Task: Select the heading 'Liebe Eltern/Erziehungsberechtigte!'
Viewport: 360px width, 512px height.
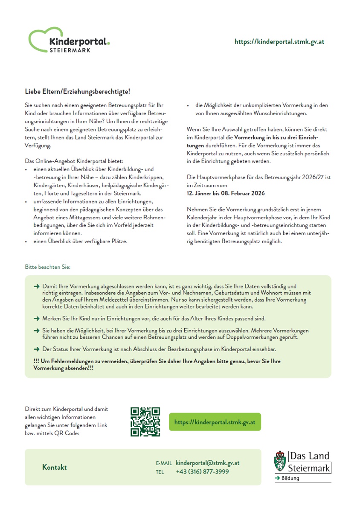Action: [77, 92]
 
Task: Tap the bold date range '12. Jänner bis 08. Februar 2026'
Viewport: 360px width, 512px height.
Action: [226, 193]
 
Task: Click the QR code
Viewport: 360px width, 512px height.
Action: [145, 422]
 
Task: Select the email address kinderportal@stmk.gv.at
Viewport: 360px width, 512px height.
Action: [207, 463]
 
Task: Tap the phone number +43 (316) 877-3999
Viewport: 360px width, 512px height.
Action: [202, 471]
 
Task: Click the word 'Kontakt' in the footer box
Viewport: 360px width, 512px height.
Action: [55, 467]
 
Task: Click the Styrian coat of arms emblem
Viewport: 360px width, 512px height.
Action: [280, 462]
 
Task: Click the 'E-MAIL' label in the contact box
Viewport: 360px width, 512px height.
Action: [164, 463]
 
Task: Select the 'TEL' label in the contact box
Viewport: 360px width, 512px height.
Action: [160, 472]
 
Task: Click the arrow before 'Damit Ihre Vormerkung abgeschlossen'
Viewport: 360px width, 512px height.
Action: [36, 287]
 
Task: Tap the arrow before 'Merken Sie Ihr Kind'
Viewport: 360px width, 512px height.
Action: [36, 319]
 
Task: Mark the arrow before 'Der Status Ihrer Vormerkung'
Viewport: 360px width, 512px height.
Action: [36, 349]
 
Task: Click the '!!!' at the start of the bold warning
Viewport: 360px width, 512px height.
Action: [36, 361]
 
